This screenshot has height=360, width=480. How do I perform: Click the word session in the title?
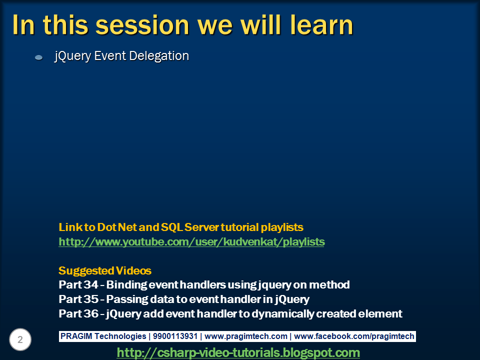tap(142, 25)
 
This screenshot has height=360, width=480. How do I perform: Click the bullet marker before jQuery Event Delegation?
tap(39, 57)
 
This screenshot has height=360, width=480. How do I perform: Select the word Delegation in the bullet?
tap(159, 55)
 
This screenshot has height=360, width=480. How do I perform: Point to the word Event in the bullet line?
tap(110, 55)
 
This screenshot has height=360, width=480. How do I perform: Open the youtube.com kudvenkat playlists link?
tap(191, 242)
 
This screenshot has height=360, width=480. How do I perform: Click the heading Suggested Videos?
tap(105, 270)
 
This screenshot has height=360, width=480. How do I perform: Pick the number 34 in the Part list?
tap(91, 284)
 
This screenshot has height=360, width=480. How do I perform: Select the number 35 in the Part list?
tap(91, 299)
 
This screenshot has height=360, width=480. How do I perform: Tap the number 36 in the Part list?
tap(91, 313)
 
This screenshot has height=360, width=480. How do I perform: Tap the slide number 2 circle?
tap(20, 339)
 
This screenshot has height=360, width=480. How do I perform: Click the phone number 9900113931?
tap(175, 336)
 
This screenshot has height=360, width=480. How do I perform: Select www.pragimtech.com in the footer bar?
tap(246, 336)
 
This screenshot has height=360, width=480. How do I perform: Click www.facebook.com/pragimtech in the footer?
tap(354, 336)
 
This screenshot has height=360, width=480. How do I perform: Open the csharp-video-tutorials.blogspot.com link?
tap(238, 352)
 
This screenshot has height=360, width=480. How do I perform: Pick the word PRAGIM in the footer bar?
tap(76, 336)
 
